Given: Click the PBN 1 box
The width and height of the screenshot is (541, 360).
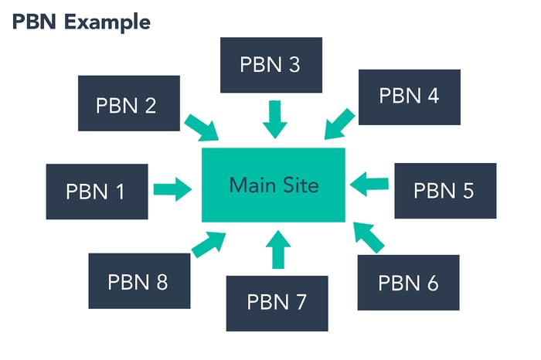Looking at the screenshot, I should tap(97, 191).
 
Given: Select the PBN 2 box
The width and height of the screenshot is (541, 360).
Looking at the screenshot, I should tap(128, 103).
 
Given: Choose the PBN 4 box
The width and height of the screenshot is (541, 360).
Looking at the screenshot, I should tap(409, 96).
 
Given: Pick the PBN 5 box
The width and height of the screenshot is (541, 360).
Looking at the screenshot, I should tap(445, 190).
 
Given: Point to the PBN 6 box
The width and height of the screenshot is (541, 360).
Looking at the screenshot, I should tap(409, 283).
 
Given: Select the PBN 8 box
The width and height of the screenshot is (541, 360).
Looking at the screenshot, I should tap(139, 281).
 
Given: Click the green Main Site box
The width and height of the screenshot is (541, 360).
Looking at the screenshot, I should tap(273, 184).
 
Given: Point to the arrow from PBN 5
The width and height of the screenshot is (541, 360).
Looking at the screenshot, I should tap(369, 183).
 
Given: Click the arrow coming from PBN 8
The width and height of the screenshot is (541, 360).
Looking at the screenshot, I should tap(208, 243).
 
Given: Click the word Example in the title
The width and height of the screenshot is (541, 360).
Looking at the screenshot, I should tap(107, 22).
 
